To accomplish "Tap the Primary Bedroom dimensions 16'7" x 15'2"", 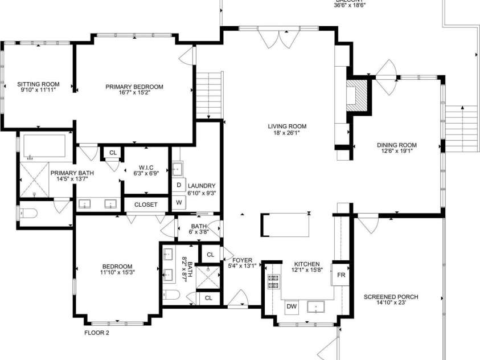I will (134, 94).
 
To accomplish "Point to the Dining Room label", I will (396, 145).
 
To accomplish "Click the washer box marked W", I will (179, 202).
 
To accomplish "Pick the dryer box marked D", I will (179, 185).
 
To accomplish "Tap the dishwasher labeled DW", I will (292, 307).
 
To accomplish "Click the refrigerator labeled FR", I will (341, 275).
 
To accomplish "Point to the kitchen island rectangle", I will (286, 225).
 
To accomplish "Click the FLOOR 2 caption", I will (96, 333).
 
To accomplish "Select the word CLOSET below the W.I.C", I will (146, 204).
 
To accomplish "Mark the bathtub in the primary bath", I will (44, 147).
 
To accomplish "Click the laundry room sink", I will (178, 168).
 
